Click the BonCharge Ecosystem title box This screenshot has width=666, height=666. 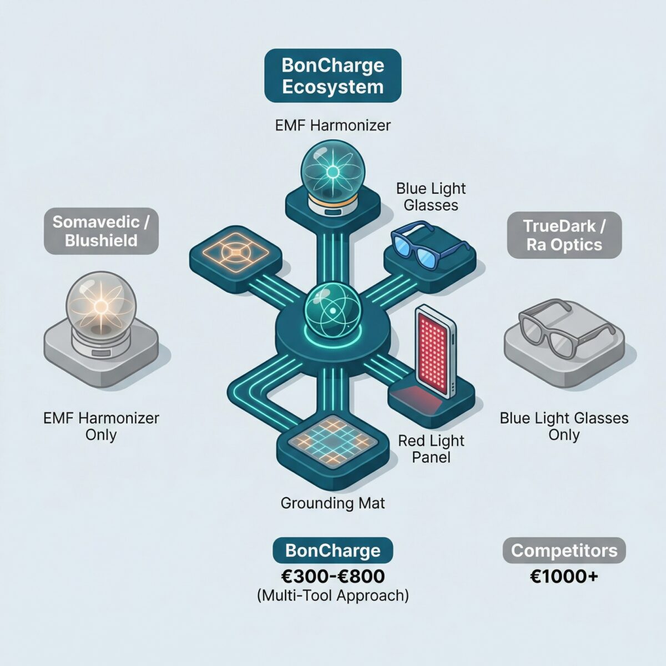pyautogui.click(x=332, y=75)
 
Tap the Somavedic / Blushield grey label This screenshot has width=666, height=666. pyautogui.click(x=101, y=231)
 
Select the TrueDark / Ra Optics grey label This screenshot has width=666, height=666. pyautogui.click(x=564, y=235)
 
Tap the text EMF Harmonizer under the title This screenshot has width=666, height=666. pyautogui.click(x=332, y=125)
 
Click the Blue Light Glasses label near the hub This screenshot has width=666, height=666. pyautogui.click(x=431, y=197)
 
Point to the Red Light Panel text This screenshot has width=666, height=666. pyautogui.click(x=431, y=449)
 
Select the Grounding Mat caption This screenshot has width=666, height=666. pyautogui.click(x=332, y=503)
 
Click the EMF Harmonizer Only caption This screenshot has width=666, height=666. pyautogui.click(x=101, y=426)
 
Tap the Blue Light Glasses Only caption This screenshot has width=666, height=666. pyautogui.click(x=564, y=426)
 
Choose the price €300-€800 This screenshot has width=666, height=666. pyautogui.click(x=332, y=576)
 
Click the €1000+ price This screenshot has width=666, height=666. pyautogui.click(x=564, y=576)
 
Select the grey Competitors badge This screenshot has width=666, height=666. pyautogui.click(x=564, y=551)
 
